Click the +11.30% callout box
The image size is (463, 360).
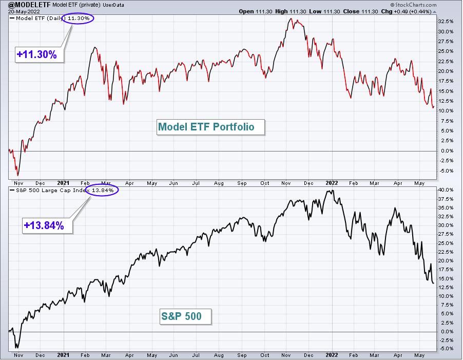[40, 54]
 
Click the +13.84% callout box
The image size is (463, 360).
[47, 225]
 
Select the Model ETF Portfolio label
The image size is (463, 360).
[210, 127]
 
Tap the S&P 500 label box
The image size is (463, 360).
[185, 316]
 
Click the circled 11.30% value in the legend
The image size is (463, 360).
[78, 18]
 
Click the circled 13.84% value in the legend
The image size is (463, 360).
[102, 190]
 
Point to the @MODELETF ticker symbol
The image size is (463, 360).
[30, 5]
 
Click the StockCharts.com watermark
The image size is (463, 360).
[413, 5]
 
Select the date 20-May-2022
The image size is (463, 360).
[24, 11]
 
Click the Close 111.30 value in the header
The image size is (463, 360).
[360, 11]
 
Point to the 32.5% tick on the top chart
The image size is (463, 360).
[446, 22]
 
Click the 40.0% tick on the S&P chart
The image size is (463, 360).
[446, 190]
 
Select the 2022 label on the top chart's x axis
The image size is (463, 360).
[332, 183]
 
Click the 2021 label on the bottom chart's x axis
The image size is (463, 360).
[63, 355]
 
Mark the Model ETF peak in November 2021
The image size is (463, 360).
[291, 18]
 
